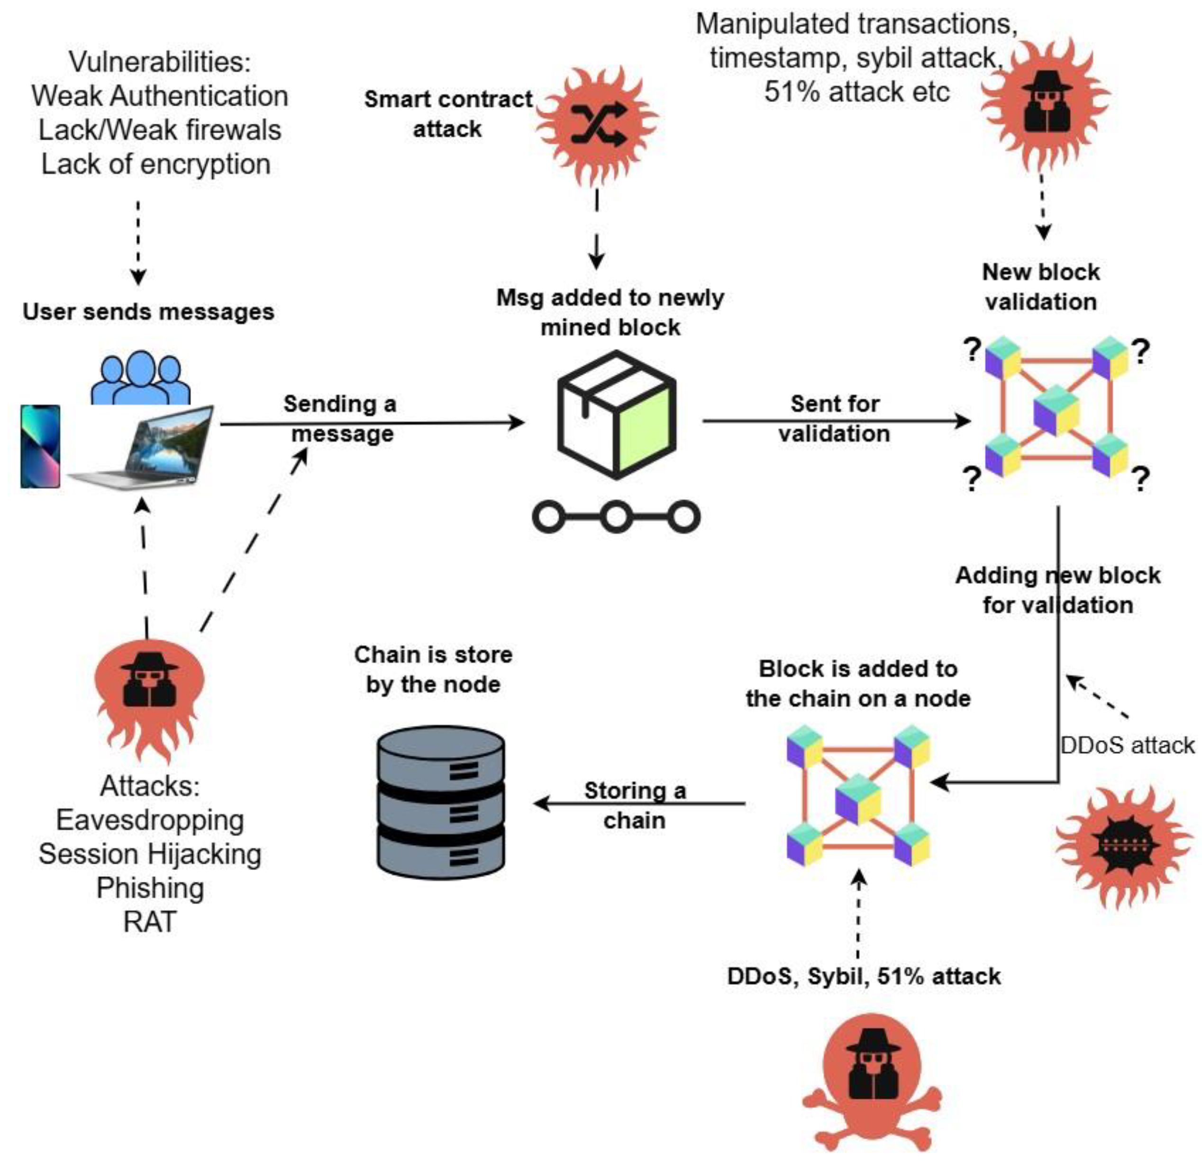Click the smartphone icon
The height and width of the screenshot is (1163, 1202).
40,446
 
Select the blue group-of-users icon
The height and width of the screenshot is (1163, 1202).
140,377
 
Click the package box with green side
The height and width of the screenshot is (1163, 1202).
616,415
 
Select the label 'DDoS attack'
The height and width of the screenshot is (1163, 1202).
1127,745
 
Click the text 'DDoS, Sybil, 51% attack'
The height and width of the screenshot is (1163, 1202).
864,976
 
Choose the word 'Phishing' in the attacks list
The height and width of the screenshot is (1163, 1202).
150,888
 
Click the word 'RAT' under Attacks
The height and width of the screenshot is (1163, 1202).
150,921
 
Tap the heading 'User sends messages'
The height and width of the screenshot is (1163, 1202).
148,311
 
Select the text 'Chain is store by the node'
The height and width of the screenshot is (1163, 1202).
433,669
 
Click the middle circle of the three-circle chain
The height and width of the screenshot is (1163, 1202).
616,516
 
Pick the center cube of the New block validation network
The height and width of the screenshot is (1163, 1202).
1056,410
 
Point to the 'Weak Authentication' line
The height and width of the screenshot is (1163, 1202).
159,96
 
